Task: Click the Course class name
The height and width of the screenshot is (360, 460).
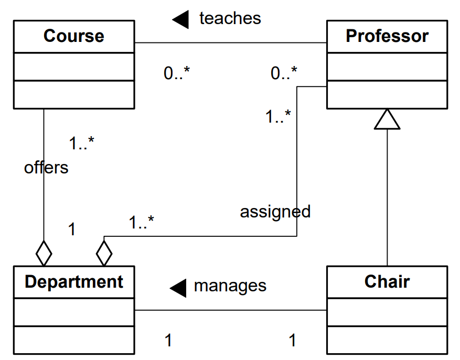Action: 73,36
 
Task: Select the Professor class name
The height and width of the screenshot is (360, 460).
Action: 387,36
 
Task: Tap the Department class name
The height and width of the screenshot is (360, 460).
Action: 73,282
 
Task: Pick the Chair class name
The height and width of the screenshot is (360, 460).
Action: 387,282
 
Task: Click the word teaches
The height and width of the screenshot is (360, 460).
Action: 230,18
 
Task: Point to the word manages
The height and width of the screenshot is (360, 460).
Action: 230,286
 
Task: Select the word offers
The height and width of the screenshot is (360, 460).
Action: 46,168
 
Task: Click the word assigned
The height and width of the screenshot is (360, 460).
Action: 275,212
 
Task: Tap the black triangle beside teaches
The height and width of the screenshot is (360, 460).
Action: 180,19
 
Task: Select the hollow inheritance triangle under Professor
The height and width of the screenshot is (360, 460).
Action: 387,120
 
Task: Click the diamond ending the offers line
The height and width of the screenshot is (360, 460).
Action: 44,254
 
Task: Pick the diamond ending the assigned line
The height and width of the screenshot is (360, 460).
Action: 104,254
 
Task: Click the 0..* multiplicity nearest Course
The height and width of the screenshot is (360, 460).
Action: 176,74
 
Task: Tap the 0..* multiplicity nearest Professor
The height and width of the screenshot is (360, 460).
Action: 284,74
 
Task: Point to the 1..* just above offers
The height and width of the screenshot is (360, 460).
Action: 81,143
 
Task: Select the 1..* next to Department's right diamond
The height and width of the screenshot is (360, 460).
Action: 141,223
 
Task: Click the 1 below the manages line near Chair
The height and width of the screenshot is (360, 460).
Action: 292,341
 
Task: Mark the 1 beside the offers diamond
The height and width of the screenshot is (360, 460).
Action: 72,229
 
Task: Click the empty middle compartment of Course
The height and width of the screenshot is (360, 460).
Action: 73,67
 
